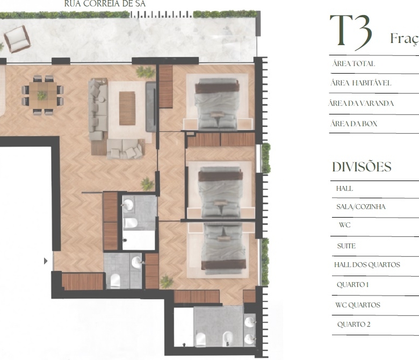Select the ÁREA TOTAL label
tap(353, 63)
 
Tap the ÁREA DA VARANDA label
tap(361, 103)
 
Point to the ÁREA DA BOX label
tap(354, 124)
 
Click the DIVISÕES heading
tap(362, 167)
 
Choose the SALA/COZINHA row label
tap(361, 206)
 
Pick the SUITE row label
tap(346, 246)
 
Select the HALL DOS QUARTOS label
tap(367, 264)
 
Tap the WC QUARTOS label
tap(358, 305)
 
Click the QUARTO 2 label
tap(354, 324)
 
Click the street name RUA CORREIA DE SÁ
tap(105, 3)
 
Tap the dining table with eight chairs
tap(43, 95)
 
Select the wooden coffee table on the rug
tap(127, 108)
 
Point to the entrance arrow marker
tap(46, 261)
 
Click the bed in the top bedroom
tap(217, 104)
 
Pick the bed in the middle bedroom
tap(220, 192)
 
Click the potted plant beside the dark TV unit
tap(146, 72)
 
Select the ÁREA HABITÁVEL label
tap(361, 83)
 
